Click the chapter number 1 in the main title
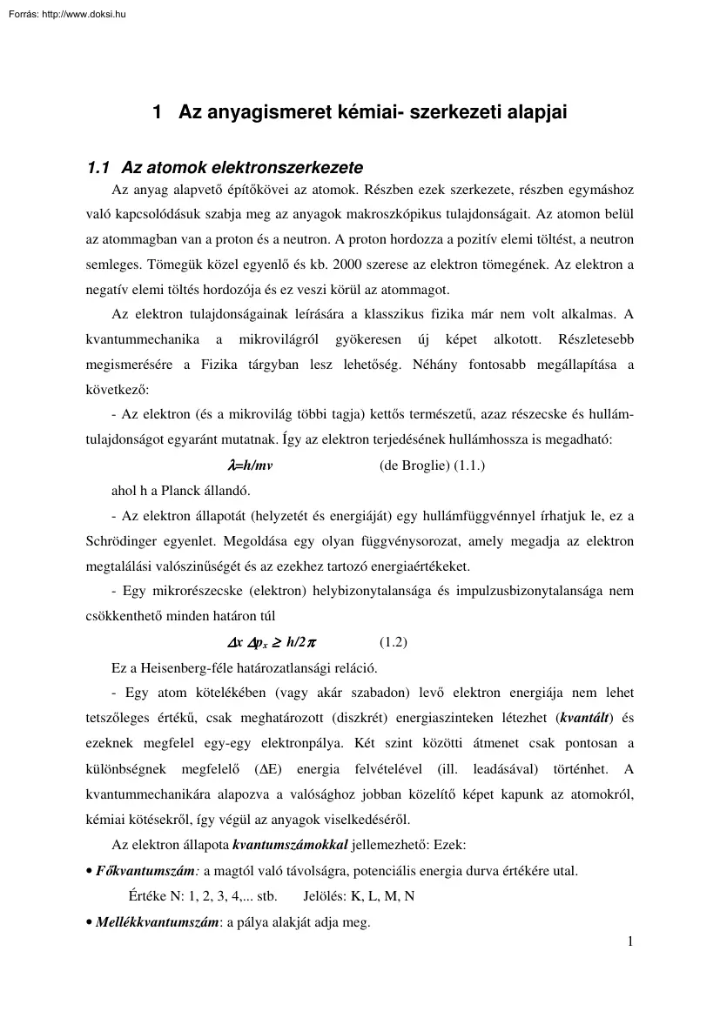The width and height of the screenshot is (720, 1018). pos(158,112)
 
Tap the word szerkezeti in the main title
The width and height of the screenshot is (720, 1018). pos(452,112)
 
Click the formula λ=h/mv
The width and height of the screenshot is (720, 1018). pos(250,465)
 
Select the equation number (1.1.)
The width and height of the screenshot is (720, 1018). pos(467,465)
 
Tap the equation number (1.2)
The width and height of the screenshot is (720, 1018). pos(394,643)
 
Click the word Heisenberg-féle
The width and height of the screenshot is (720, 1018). pos(184,668)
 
